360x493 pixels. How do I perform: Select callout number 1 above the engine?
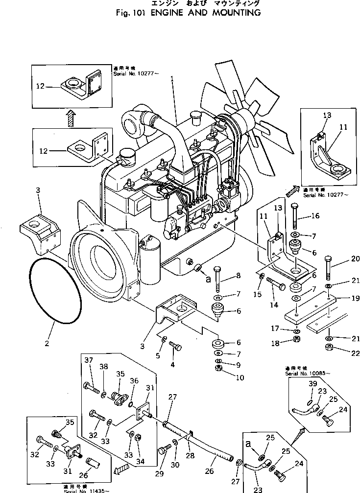(x=172, y=78)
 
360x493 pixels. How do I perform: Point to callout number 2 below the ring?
(x=47, y=343)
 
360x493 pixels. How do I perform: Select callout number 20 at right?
(x=342, y=259)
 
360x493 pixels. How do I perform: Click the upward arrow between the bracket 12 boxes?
(x=71, y=117)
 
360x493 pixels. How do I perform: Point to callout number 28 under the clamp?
(x=190, y=455)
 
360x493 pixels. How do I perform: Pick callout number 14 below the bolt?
(x=273, y=305)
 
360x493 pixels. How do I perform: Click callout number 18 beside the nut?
(x=275, y=344)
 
